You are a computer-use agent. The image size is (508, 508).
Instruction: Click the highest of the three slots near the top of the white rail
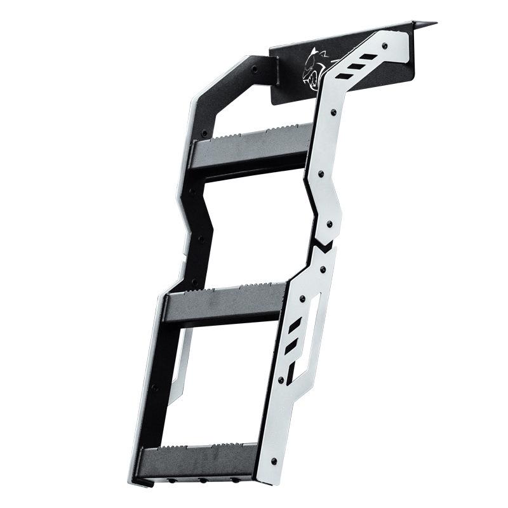click(x=368, y=57)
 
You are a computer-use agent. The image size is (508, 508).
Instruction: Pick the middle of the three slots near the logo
click(x=356, y=66)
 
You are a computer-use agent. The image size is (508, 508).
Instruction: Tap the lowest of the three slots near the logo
click(x=343, y=76)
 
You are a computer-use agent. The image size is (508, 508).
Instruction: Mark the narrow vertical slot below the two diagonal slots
click(x=290, y=374)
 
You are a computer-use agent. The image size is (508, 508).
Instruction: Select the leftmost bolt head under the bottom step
click(x=172, y=481)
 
